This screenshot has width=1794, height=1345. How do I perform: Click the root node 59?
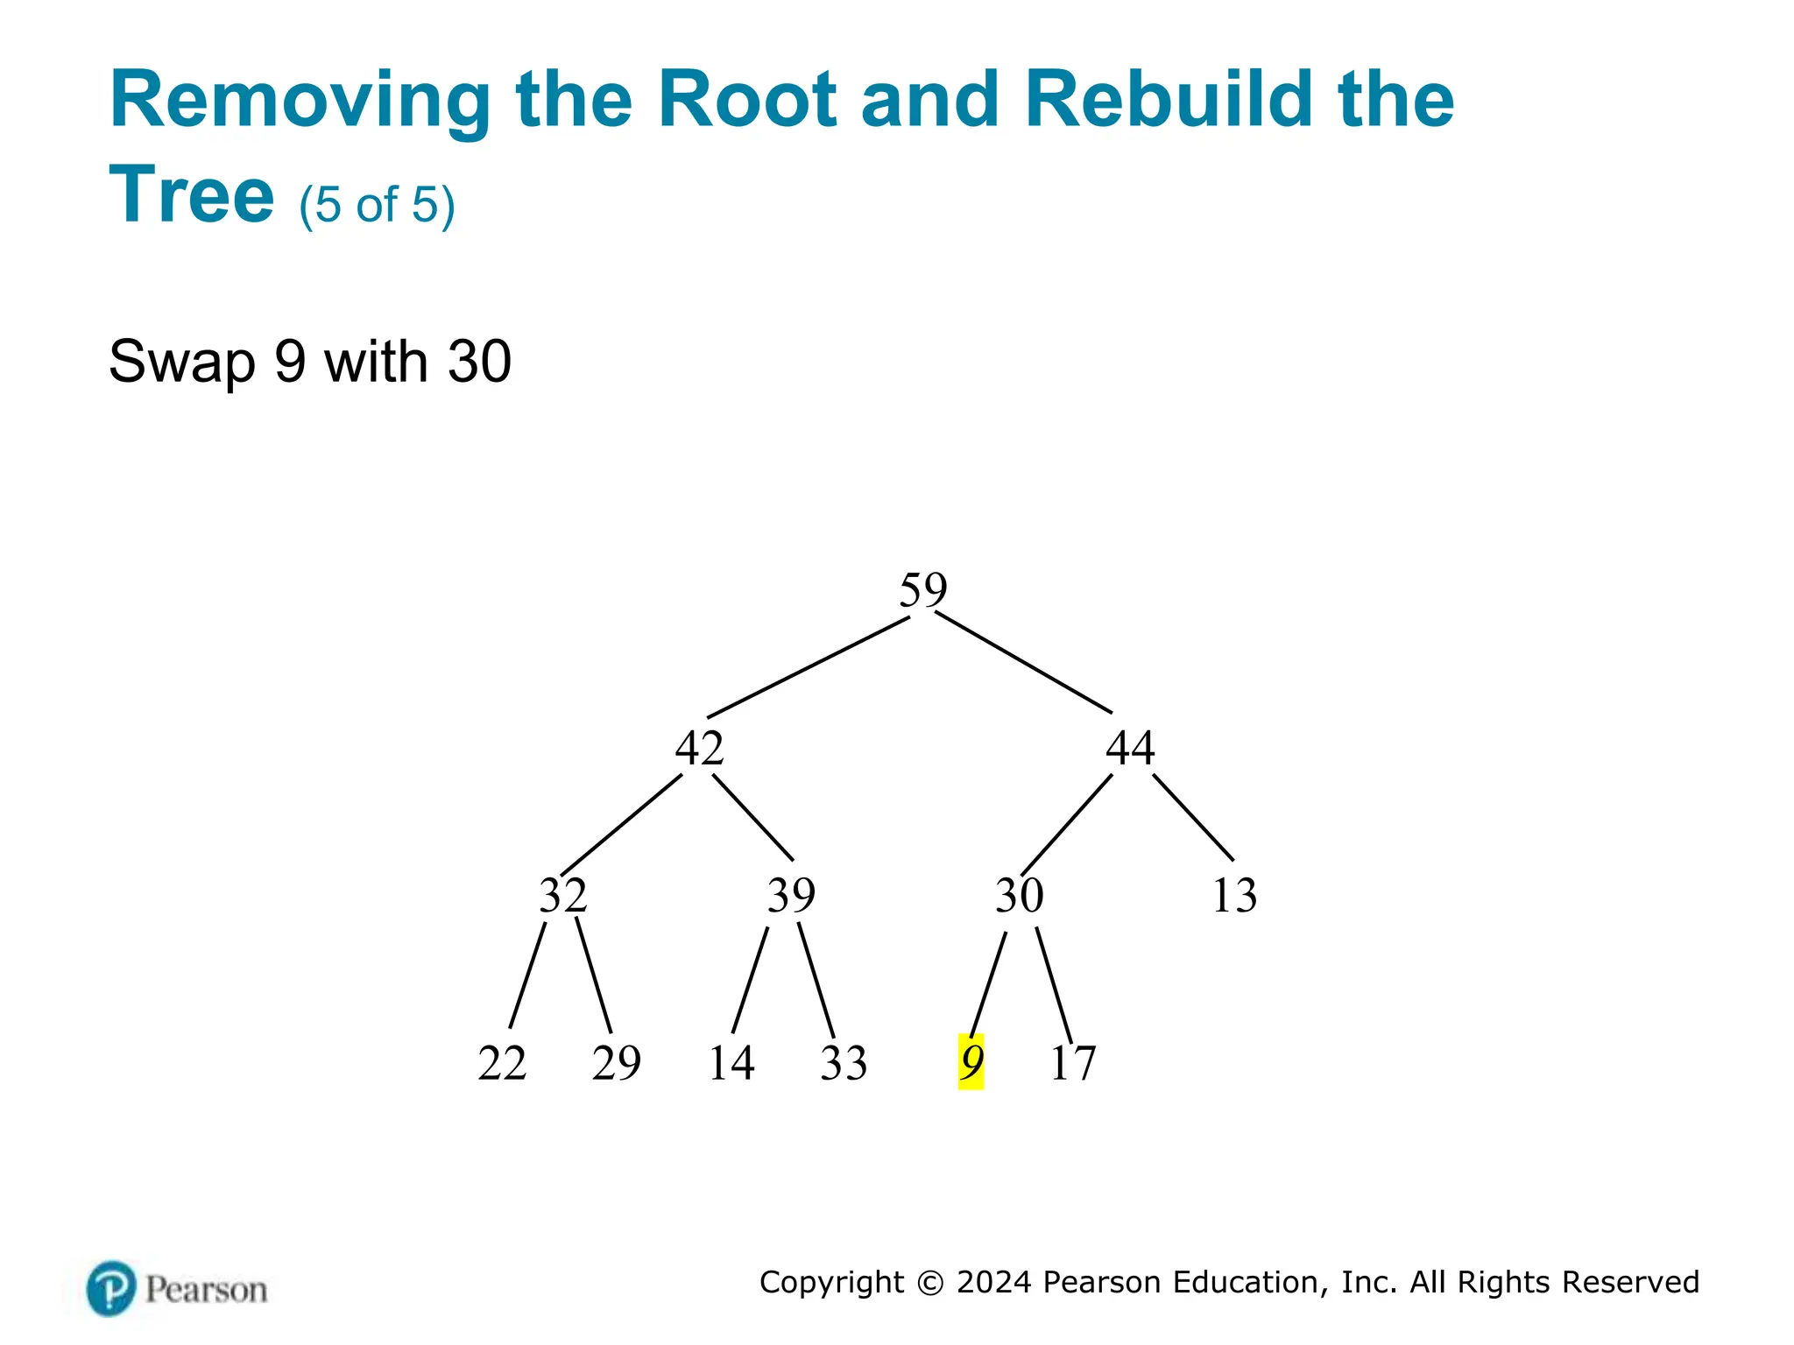923,589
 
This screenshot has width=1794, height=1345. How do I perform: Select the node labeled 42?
699,748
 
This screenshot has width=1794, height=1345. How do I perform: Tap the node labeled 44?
1130,748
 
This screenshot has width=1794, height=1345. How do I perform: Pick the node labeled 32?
562,895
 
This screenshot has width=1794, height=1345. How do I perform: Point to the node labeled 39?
791,895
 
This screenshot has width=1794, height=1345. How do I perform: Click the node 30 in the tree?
1019,895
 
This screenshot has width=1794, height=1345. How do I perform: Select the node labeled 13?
1234,895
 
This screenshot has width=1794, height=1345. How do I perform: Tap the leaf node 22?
502,1063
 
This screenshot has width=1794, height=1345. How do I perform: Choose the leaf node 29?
616,1063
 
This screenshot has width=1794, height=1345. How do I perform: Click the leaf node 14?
731,1063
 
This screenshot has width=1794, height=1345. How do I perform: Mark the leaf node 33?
844,1063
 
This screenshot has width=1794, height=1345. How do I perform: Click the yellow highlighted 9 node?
971,1062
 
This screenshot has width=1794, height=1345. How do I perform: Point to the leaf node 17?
1072,1063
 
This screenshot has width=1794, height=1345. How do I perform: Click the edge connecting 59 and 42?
808,667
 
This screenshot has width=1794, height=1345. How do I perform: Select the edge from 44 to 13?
1193,817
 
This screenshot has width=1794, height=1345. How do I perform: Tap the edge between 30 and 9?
988,984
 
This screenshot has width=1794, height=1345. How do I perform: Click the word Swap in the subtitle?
182,361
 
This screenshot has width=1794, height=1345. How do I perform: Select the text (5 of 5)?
377,205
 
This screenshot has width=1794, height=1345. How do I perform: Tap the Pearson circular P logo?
111,1288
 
